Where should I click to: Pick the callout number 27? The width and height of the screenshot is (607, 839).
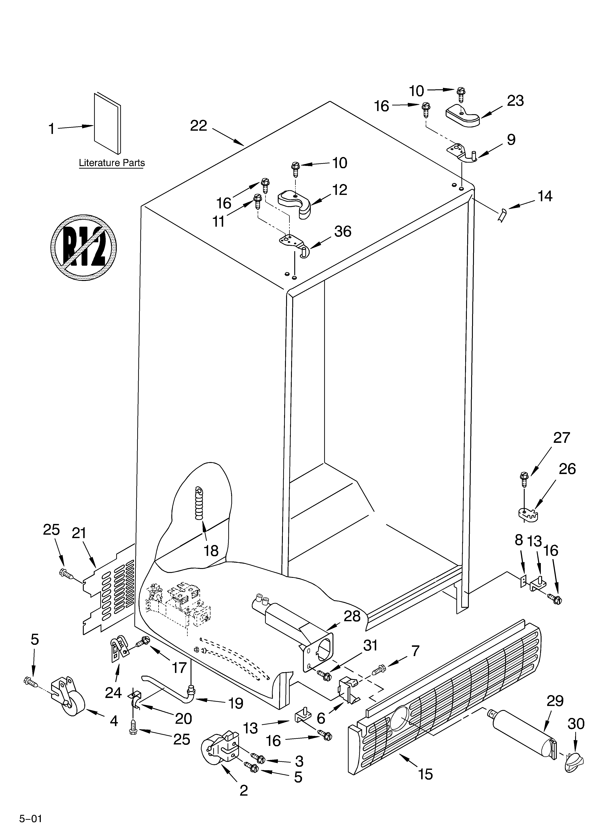pyautogui.click(x=561, y=438)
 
